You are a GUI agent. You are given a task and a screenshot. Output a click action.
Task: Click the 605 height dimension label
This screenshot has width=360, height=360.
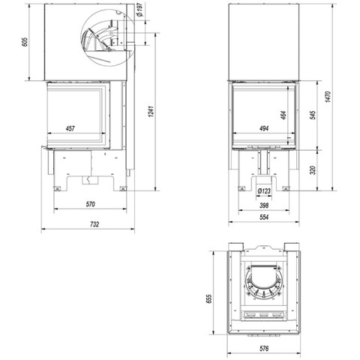(24, 42)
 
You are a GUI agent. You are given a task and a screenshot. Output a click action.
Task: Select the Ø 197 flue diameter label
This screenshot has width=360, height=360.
(140, 10)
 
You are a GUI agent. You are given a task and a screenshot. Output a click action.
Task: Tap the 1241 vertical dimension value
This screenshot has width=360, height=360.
(151, 112)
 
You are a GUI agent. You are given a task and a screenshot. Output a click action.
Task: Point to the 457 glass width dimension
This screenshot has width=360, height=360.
(70, 128)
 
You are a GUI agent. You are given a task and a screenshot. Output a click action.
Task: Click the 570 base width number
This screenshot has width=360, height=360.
(91, 204)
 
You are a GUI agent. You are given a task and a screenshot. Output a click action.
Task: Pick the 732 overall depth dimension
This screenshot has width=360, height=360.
(94, 224)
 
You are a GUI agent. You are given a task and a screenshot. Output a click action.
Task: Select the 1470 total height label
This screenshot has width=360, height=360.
(328, 97)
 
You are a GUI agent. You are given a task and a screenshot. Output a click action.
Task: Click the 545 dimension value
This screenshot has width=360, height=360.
(313, 115)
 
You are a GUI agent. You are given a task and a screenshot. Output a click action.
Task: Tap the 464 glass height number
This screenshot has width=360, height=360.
(283, 115)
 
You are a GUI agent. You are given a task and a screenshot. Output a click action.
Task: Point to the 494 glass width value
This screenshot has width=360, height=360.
(264, 128)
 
